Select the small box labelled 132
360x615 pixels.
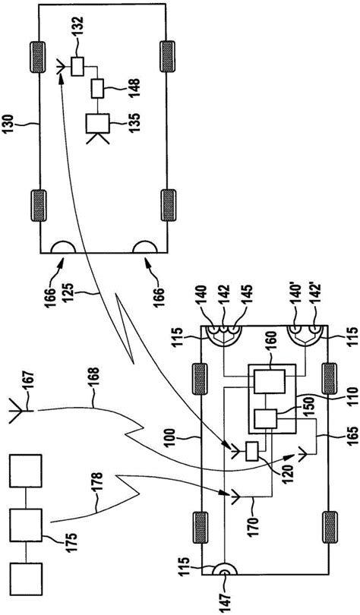click(x=78, y=66)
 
